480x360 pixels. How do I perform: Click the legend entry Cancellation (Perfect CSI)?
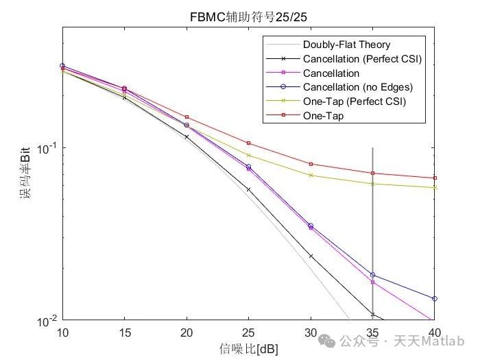[x=361, y=59]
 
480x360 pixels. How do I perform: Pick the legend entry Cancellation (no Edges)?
[x=358, y=88]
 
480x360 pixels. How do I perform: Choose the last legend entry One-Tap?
[x=323, y=117]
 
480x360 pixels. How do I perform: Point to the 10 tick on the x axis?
[x=62, y=332]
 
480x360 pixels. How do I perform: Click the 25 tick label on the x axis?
[x=248, y=332]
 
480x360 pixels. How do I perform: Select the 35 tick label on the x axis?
[x=372, y=332]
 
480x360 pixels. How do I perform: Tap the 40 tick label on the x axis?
[x=433, y=332]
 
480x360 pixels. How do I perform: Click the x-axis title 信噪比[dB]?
[x=248, y=348]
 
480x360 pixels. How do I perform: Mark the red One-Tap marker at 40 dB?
[x=434, y=178]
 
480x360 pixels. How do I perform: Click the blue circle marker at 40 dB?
[x=434, y=298]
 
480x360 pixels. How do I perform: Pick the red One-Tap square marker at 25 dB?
[x=248, y=143]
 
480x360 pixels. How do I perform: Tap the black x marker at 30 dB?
[x=311, y=256]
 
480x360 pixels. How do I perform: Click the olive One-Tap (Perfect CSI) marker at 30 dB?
[x=311, y=175]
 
